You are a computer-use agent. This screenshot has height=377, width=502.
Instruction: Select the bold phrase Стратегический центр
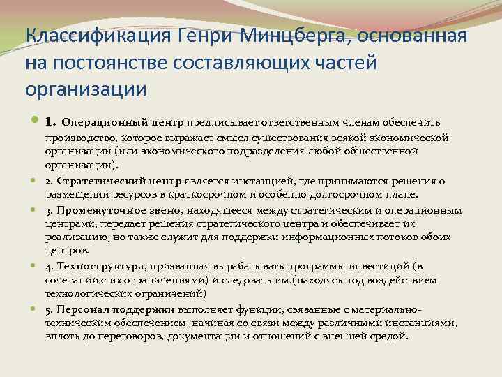click(116, 182)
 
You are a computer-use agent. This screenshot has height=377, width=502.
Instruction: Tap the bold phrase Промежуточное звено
click(115, 209)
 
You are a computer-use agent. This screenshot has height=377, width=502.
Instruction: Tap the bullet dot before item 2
click(34, 181)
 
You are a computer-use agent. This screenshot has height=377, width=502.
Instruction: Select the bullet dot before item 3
click(34, 209)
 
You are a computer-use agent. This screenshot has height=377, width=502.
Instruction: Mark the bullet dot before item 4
click(34, 266)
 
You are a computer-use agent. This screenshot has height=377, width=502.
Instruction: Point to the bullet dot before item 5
click(34, 309)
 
